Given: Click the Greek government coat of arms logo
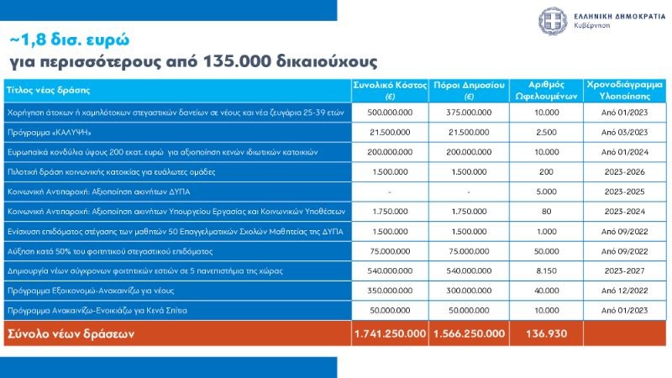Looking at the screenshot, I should pyautogui.click(x=552, y=20).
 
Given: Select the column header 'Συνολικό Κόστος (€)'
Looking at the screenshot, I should pyautogui.click(x=391, y=90).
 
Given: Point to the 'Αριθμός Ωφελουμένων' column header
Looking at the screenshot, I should pyautogui.click(x=545, y=90).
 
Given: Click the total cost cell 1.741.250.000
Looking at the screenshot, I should pyautogui.click(x=391, y=333).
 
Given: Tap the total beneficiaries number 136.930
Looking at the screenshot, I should pyautogui.click(x=545, y=333).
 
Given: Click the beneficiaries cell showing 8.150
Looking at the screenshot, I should pyautogui.click(x=545, y=271).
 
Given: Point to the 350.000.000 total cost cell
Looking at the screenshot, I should pyautogui.click(x=391, y=291).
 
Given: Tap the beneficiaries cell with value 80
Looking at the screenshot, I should pyautogui.click(x=545, y=211).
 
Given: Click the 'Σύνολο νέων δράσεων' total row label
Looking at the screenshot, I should pyautogui.click(x=71, y=333).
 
